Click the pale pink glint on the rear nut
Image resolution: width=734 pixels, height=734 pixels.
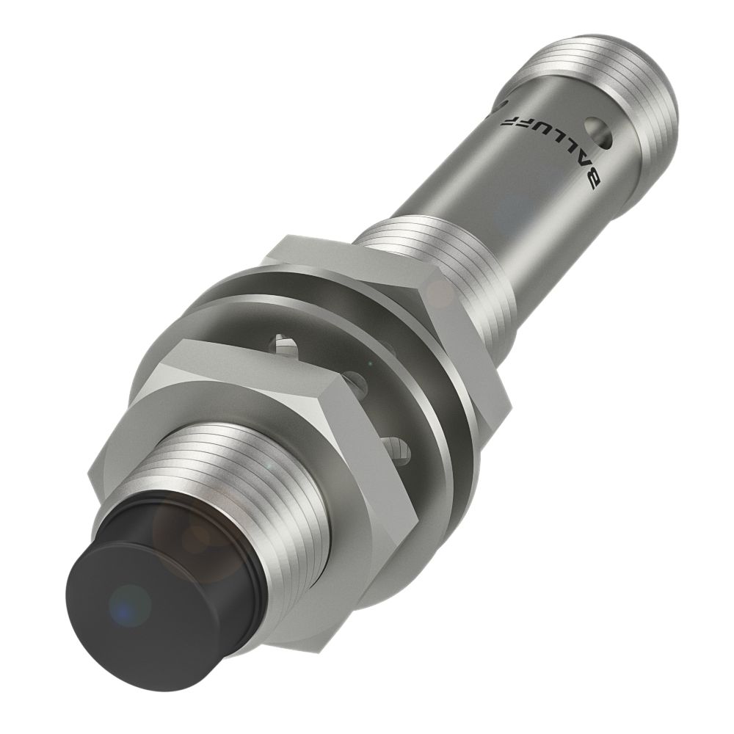(441, 293)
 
